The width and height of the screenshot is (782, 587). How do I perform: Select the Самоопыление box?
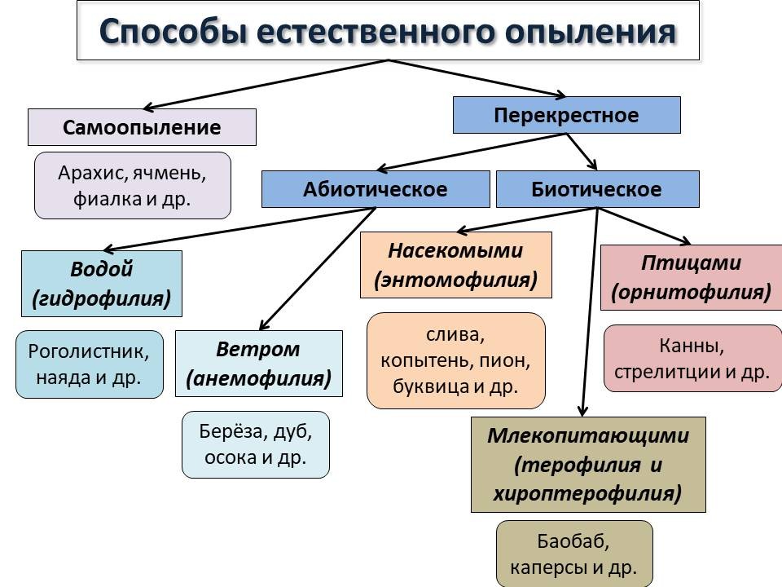(142, 127)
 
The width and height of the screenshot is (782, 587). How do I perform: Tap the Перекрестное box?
(566, 115)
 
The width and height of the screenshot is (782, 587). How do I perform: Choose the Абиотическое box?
(376, 189)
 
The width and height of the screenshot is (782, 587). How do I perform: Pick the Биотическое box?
(596, 189)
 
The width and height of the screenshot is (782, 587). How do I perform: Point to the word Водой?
(102, 270)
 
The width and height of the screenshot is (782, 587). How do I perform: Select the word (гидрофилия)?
(102, 298)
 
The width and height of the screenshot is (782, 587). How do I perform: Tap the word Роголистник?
(90, 351)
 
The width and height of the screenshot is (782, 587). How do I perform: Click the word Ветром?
(258, 350)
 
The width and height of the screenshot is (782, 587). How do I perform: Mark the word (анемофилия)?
(258, 378)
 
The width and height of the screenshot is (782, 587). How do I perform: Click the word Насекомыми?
(455, 249)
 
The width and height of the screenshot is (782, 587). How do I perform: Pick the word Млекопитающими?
(588, 435)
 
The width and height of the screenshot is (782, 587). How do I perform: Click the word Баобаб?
(573, 541)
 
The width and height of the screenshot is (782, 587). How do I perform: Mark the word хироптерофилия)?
(586, 493)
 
